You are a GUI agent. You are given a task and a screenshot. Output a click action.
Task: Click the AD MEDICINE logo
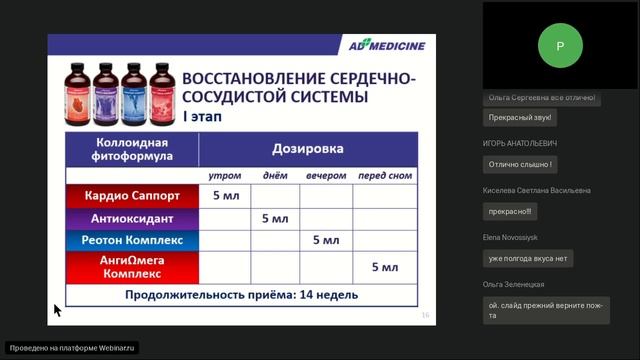click(384, 46)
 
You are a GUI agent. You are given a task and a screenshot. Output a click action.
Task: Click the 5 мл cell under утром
click(225, 195)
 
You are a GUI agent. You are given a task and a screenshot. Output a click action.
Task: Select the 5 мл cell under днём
click(275, 218)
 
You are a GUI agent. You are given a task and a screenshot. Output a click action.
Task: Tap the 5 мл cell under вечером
click(326, 241)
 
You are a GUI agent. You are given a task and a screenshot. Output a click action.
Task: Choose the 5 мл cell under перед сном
click(384, 267)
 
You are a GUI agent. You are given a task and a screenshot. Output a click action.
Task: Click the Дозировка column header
click(308, 148)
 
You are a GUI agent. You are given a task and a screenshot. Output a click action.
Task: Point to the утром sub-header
click(225, 176)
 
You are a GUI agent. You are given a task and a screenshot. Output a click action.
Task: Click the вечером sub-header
click(326, 176)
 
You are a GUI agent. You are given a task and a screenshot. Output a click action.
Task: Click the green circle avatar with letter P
click(560, 45)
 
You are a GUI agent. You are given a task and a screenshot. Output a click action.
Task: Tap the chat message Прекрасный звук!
click(520, 118)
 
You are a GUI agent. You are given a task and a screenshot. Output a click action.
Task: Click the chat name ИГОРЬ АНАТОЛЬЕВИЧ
click(520, 143)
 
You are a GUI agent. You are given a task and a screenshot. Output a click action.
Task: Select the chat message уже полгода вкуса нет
click(527, 258)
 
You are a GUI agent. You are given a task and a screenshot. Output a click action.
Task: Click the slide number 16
click(425, 315)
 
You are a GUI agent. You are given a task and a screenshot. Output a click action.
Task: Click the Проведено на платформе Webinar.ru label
click(71, 348)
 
